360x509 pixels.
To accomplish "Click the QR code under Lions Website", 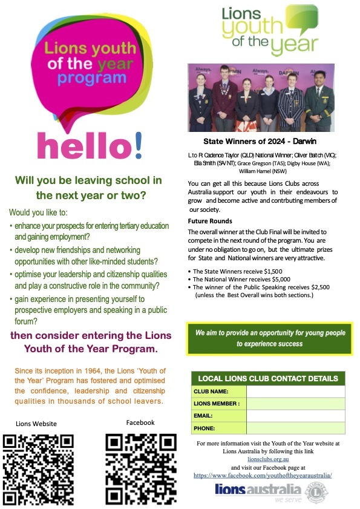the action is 38,469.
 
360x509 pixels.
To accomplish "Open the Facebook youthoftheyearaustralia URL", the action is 263,476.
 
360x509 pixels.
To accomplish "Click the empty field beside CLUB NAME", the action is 295,392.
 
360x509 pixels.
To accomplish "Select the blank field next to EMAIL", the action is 295,416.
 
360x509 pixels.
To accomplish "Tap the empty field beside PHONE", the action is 295,428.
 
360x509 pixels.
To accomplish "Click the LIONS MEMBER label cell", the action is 218,404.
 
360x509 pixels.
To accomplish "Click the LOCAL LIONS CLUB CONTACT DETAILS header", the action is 268,378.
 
